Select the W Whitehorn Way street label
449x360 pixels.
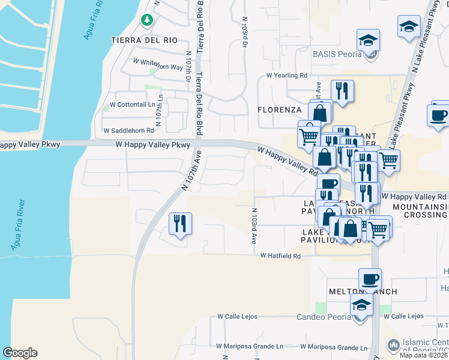tap(158, 67)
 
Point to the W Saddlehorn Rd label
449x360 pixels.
tap(128, 130)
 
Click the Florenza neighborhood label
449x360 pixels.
tap(279, 110)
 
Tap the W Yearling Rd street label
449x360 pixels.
tap(287, 76)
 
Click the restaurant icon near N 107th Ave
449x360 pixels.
tap(180, 224)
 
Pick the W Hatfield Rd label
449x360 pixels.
tap(280, 256)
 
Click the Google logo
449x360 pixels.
tap(20, 353)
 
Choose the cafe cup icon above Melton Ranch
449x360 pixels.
tap(370, 279)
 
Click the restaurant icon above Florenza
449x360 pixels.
tap(342, 91)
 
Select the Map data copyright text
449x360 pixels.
tap(424, 355)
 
